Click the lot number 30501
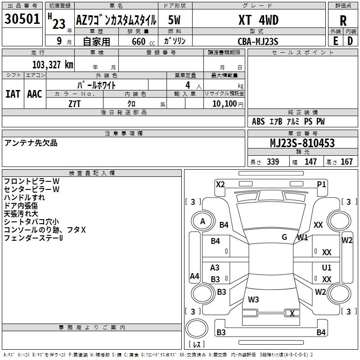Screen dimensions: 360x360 (x=22, y=19)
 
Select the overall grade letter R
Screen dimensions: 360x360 (x=343, y=20)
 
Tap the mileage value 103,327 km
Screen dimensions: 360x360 (x=53, y=65)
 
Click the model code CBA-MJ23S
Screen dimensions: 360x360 (x=258, y=41)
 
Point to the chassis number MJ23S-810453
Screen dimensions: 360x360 (x=302, y=143)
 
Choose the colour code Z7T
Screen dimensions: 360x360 (x=75, y=103)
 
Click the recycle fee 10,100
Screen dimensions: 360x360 (x=224, y=103)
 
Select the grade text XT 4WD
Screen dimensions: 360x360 (x=258, y=20)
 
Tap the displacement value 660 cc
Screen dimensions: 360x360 (x=137, y=41)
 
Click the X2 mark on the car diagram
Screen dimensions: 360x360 (x=220, y=184)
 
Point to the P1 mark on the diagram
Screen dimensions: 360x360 (x=321, y=184)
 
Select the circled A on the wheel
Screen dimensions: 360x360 (x=202, y=221)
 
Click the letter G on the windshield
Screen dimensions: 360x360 (x=284, y=237)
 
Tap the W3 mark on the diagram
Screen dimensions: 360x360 (x=253, y=299)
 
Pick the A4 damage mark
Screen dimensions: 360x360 (x=194, y=276)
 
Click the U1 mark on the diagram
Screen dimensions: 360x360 (x=327, y=268)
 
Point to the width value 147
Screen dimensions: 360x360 (x=310, y=162)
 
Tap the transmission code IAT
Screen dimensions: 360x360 (x=13, y=94)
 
